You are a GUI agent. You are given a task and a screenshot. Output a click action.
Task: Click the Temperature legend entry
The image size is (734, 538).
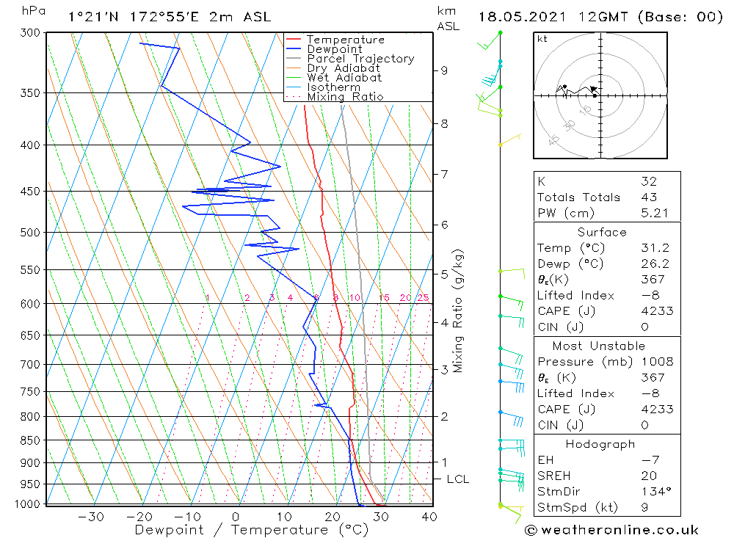pos(345,40)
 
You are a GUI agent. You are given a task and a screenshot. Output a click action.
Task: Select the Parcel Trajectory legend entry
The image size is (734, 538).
pos(360,59)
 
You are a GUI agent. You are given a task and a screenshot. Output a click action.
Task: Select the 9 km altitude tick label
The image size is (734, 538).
pos(444,70)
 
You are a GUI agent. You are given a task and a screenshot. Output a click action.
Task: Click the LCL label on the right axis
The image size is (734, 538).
pos(457,479)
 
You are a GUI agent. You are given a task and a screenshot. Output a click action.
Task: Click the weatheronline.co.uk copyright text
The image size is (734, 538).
pos(612,530)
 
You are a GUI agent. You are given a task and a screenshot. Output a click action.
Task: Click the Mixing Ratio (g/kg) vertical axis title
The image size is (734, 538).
pos(459,310)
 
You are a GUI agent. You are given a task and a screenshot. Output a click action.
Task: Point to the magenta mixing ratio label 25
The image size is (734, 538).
pos(423,297)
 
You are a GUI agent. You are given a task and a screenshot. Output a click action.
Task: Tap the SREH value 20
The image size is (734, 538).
pos(648,476)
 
